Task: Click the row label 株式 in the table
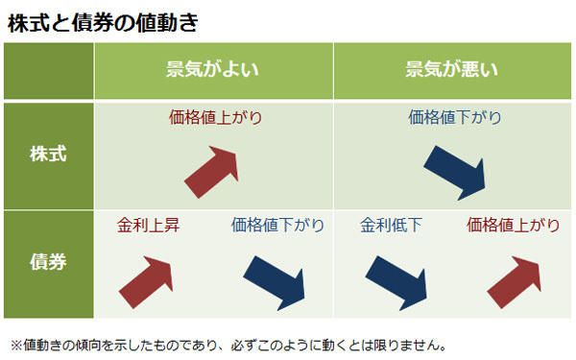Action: (x=48, y=154)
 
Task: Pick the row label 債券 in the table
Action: (x=48, y=262)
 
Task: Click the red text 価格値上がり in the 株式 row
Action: (x=214, y=118)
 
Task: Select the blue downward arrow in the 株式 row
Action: (x=457, y=170)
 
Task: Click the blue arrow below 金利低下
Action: (x=395, y=279)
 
